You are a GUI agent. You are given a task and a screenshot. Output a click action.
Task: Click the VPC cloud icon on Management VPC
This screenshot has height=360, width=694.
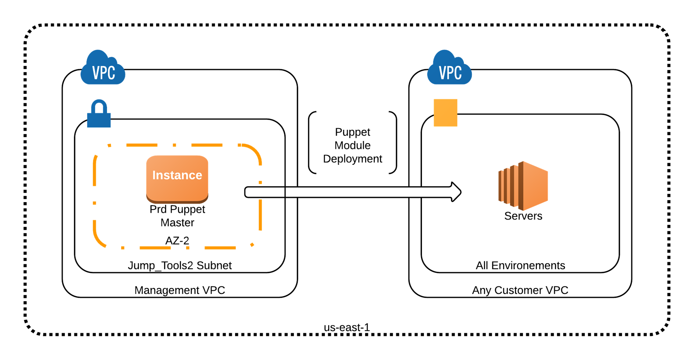(x=103, y=69)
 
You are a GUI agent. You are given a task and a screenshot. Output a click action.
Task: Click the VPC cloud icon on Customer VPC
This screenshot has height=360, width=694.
(x=450, y=69)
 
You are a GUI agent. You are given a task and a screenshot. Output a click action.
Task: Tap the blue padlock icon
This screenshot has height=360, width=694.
(x=99, y=114)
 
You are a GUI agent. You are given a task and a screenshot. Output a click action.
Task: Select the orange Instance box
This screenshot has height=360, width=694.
(x=177, y=178)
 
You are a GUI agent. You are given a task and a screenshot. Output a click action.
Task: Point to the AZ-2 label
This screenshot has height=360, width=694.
(x=177, y=240)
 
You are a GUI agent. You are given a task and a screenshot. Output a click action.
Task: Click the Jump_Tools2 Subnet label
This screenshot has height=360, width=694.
(x=180, y=265)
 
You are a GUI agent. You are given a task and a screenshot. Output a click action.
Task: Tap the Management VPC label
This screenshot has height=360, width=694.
(x=180, y=290)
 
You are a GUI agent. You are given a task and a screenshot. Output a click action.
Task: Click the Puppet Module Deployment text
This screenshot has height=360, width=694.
(x=352, y=145)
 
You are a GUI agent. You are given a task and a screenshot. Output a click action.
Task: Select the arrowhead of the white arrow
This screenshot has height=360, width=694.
(x=456, y=192)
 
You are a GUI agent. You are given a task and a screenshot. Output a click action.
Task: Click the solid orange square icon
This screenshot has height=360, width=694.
(x=445, y=113)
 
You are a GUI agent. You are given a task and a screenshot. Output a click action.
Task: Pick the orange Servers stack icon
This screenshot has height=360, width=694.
(x=523, y=186)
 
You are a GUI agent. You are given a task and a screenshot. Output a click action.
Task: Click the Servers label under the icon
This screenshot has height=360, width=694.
(x=523, y=216)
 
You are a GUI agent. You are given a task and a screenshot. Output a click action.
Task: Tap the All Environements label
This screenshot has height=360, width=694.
(x=520, y=265)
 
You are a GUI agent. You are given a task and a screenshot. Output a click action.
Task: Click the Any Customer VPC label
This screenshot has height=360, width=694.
(x=520, y=290)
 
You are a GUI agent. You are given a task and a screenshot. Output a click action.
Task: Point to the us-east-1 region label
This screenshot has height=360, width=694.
(x=346, y=327)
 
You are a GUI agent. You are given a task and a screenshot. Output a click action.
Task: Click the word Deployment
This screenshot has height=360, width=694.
(x=352, y=159)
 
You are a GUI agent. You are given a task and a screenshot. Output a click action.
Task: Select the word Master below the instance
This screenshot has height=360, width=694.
(x=177, y=222)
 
